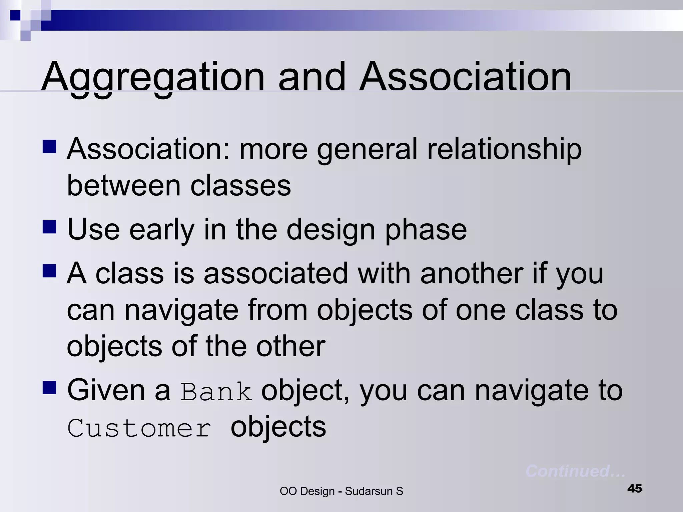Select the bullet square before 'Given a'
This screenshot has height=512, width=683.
click(49, 388)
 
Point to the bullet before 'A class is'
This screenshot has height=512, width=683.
click(49, 271)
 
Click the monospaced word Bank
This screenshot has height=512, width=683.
click(216, 392)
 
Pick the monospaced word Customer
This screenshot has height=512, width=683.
click(139, 428)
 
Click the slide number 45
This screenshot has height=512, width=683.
click(634, 489)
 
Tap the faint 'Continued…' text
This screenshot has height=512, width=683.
click(575, 471)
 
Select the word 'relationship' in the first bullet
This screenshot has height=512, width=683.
click(504, 150)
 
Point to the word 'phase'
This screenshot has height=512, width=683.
click(426, 230)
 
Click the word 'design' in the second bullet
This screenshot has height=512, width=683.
click(330, 230)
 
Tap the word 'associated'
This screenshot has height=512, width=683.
click(276, 273)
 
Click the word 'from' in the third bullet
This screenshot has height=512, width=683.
click(277, 310)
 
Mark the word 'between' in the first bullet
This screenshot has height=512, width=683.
click(124, 186)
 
